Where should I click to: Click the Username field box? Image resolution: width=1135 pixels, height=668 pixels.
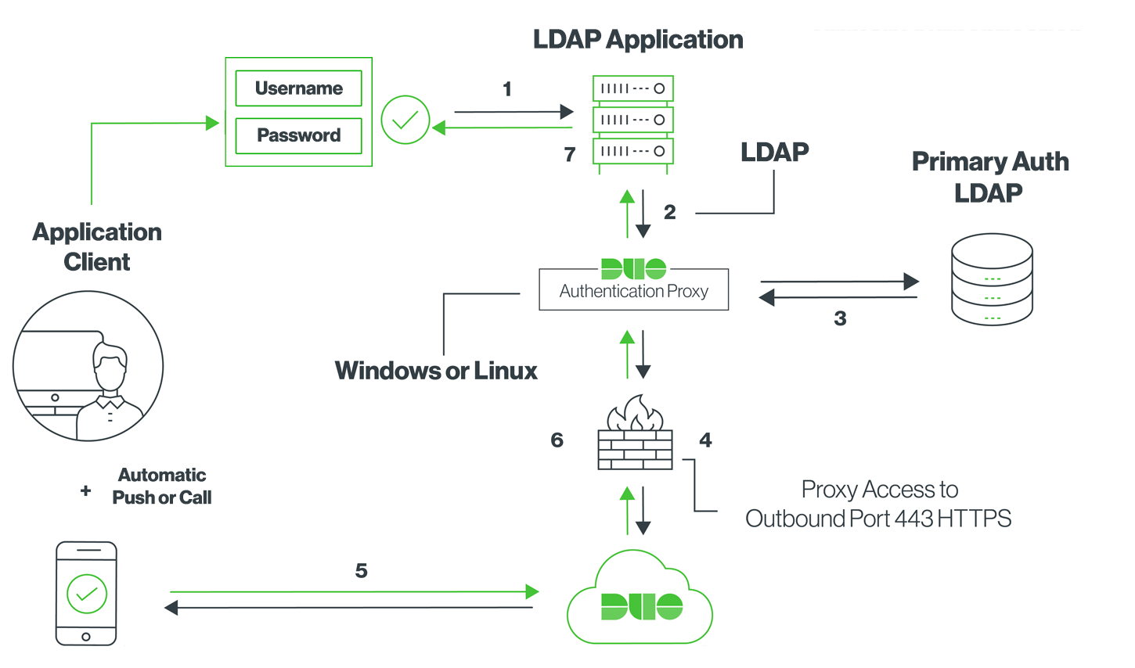[298, 88]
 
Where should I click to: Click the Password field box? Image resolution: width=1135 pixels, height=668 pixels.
[298, 135]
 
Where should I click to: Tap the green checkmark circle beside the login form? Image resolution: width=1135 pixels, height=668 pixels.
[405, 120]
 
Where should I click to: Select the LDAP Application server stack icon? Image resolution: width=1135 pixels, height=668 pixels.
[633, 120]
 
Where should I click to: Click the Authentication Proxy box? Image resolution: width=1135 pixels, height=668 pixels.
[633, 289]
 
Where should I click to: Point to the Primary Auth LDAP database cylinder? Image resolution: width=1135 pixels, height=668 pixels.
[992, 279]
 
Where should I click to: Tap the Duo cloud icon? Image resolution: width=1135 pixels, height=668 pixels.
[640, 599]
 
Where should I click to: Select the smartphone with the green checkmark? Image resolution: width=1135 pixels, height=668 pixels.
[86, 594]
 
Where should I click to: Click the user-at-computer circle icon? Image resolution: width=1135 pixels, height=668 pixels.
[88, 366]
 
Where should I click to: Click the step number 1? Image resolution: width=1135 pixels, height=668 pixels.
[507, 89]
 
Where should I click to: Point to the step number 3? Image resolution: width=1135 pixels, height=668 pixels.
[840, 318]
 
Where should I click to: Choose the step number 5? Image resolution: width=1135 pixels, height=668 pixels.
[361, 571]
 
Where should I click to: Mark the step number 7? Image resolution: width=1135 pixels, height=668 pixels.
[570, 155]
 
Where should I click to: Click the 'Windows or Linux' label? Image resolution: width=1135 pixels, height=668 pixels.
[436, 371]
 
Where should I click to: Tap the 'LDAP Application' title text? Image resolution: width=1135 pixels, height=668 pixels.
[638, 40]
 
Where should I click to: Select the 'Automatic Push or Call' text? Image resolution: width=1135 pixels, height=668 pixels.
[162, 486]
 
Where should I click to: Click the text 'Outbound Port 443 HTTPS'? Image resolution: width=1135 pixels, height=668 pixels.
[877, 519]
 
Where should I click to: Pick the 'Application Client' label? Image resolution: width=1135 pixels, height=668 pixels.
[97, 246]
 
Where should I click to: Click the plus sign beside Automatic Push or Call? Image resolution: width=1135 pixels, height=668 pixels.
[85, 490]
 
